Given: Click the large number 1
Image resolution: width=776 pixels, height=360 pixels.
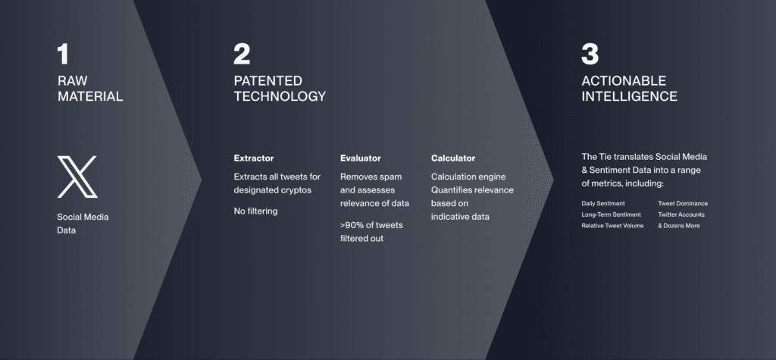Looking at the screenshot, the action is coord(63,54).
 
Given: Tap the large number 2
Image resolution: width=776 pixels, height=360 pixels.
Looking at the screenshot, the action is coord(242,54).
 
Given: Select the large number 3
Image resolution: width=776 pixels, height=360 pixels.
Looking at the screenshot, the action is coord(590,54).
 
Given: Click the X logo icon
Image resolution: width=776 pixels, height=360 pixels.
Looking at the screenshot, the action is coord(77,177).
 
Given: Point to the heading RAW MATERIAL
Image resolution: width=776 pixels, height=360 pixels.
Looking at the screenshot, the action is coord(90,89).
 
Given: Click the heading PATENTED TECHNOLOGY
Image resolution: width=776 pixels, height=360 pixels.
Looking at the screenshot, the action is coord(280,89).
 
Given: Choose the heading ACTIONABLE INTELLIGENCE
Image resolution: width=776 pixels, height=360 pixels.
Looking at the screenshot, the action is coord(630,89).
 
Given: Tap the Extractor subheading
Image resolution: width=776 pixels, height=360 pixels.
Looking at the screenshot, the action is coord(253,158).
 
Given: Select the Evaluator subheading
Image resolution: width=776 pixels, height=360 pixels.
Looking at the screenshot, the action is coord(360,158).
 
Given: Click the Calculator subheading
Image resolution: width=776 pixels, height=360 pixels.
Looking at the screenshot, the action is coord(453,158).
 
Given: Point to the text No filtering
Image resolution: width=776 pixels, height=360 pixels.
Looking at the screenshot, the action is coord(255,211).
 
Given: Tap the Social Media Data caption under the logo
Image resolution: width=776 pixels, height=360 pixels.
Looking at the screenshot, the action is coord(83,224).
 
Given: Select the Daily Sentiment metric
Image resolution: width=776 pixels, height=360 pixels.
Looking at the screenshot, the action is coord(602,204).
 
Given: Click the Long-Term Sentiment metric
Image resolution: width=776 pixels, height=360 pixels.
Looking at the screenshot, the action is coord(612,214).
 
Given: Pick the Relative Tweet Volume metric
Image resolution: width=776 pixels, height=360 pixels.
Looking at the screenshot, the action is coord(612,226).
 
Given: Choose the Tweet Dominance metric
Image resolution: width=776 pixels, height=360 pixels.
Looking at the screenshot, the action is coord(683,204).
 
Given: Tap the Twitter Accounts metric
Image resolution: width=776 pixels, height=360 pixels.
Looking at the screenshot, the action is coord(681,214).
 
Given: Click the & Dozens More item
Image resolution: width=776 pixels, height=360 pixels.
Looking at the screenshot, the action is coord(678,226).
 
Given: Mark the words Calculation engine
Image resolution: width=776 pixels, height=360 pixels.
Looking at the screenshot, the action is coord(468,177).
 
